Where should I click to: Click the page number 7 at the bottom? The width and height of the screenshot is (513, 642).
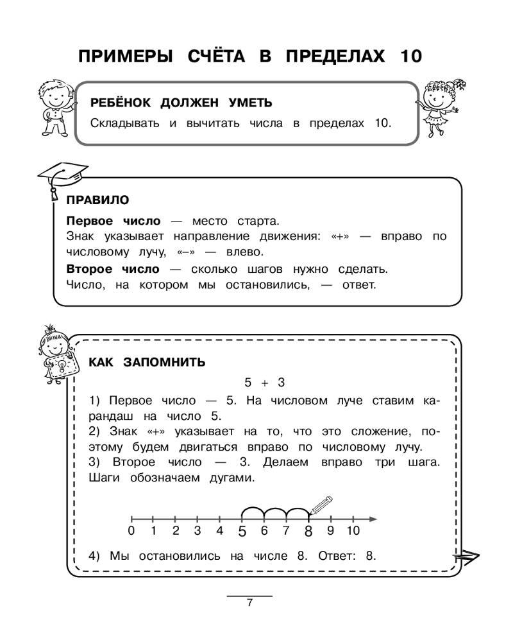coord(249,603)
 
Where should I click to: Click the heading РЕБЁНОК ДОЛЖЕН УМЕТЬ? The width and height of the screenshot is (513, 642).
coord(181,103)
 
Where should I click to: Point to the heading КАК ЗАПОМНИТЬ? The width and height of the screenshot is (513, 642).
coord(147,362)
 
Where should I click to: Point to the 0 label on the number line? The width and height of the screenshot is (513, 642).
coord(131,531)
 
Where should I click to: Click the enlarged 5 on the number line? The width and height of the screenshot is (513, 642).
coord(242,532)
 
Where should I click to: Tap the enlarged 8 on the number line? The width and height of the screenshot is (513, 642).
coord(308,532)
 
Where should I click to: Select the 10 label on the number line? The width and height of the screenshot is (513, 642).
coord(353,531)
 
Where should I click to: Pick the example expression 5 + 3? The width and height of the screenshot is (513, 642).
coord(264,383)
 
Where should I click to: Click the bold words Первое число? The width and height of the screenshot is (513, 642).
coord(114,221)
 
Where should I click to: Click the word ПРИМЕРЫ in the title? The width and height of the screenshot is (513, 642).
coord(126,56)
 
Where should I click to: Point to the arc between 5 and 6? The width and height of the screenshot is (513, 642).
coord(253,511)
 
